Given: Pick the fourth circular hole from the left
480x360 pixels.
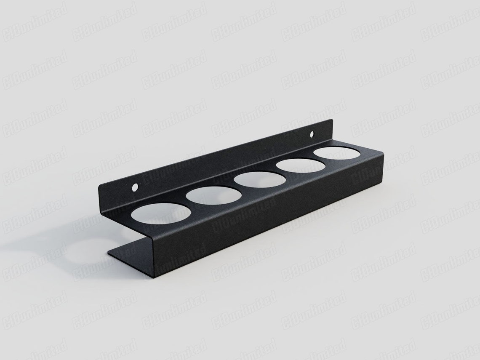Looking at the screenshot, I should tap(301, 166).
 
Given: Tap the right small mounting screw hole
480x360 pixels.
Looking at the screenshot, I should tap(312, 135).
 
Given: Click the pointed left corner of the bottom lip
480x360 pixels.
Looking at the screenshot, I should tap(108, 254).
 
